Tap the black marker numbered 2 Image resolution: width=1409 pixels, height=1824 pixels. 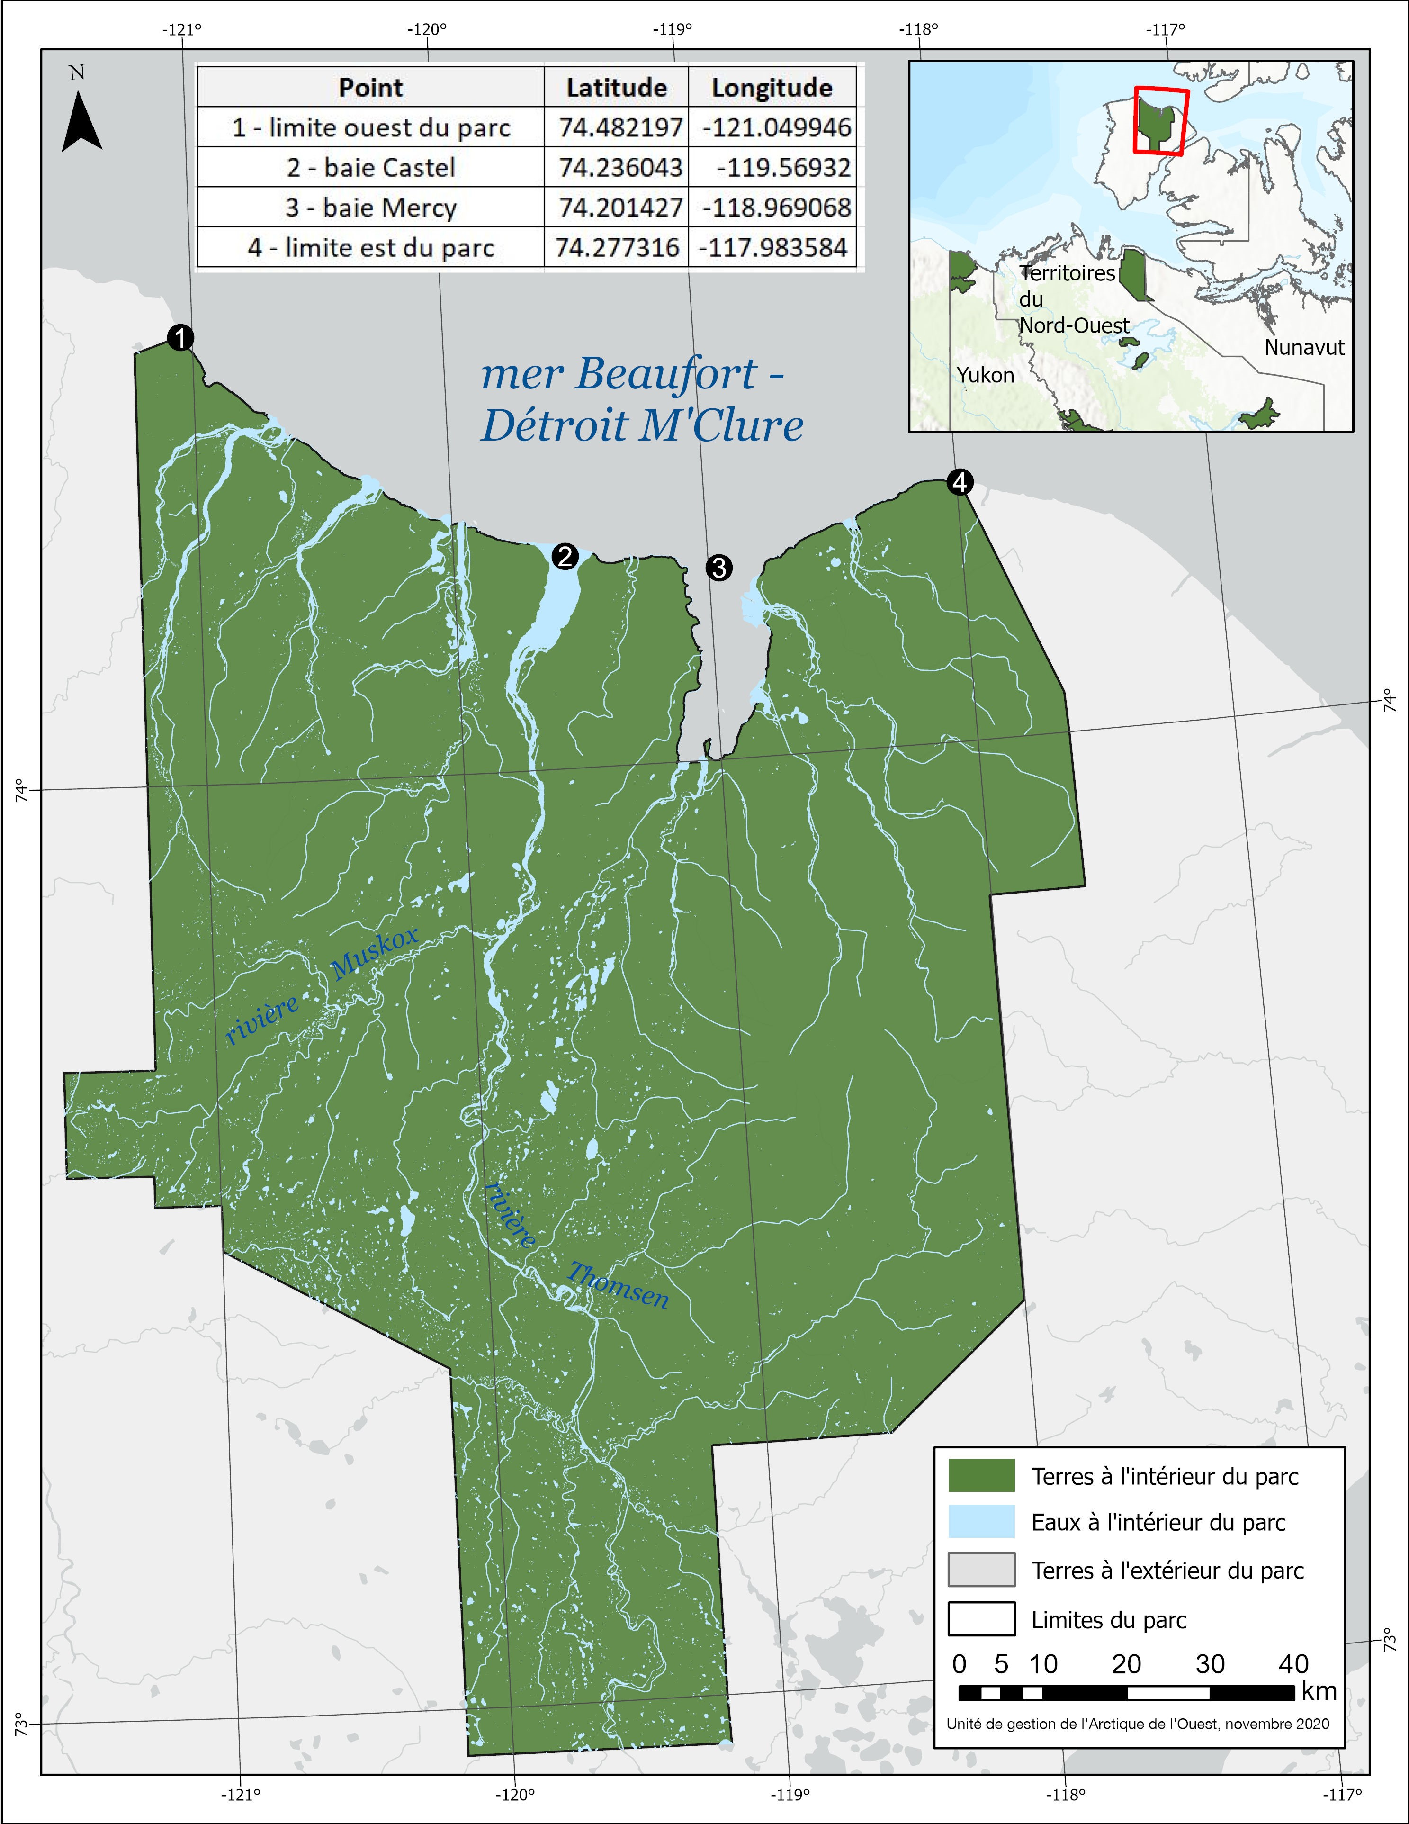tap(565, 555)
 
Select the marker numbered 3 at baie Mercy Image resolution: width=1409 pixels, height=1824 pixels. tap(718, 568)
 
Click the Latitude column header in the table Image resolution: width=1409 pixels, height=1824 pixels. tap(616, 88)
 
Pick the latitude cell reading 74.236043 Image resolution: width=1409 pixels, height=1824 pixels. tap(620, 168)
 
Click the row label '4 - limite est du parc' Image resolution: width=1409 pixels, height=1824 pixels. tap(371, 248)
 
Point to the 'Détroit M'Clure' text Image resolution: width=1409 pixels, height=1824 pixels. tap(642, 425)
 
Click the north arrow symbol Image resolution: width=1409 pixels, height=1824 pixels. tap(82, 121)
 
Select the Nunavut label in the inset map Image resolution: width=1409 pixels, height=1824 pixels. tap(1304, 347)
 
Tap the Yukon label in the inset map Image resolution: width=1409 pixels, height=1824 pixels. tap(985, 375)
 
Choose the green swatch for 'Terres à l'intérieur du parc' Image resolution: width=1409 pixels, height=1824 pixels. tap(981, 1476)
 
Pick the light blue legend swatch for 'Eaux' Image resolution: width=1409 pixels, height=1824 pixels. tap(981, 1522)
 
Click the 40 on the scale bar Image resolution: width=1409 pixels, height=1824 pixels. tap(1293, 1664)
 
